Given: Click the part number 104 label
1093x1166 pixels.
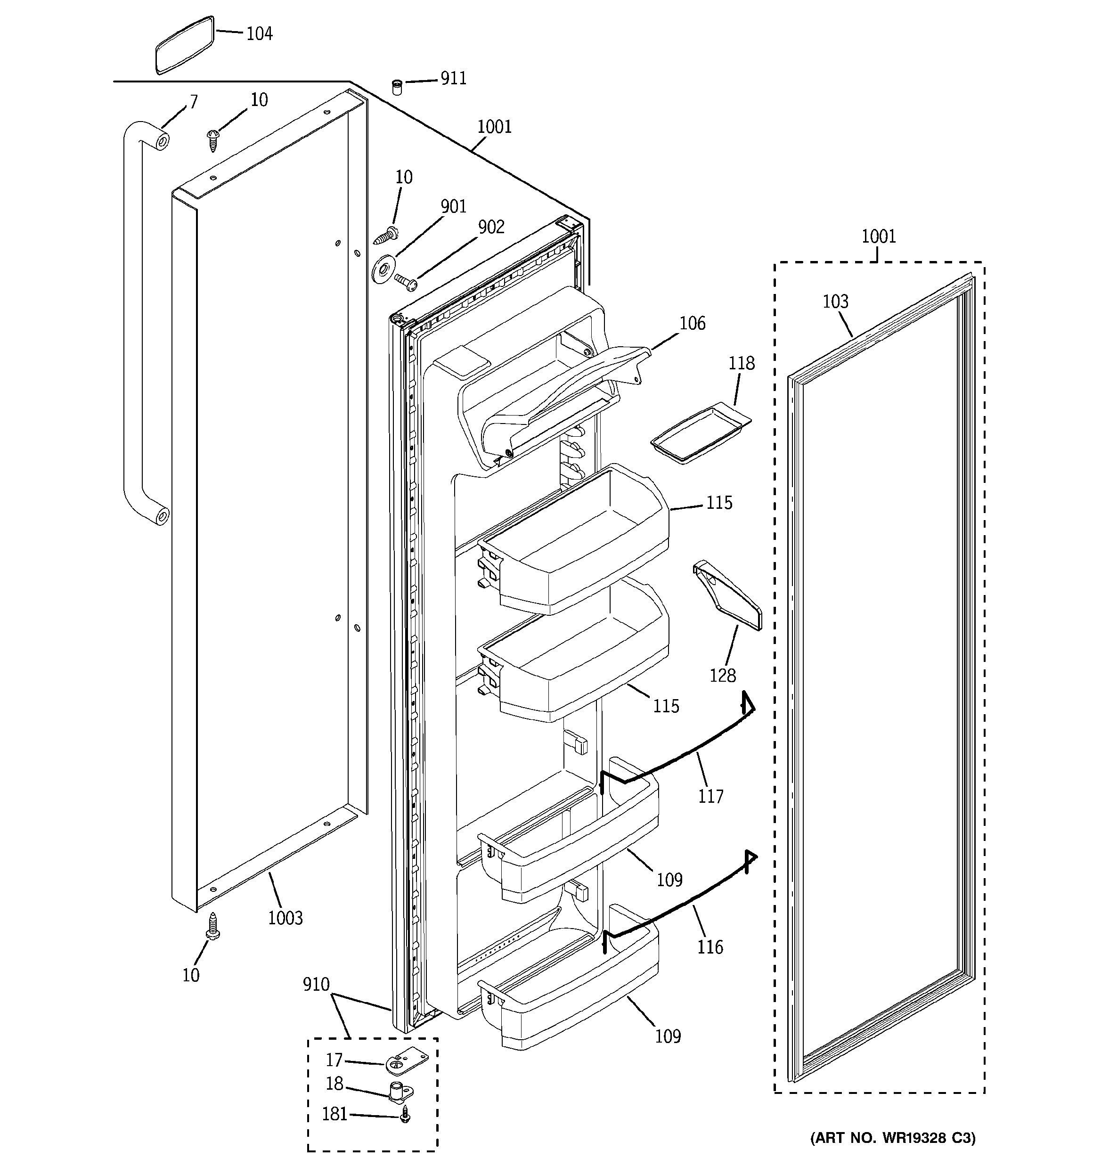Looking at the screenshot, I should pyautogui.click(x=259, y=34).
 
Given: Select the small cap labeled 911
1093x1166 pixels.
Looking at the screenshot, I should pyautogui.click(x=397, y=88).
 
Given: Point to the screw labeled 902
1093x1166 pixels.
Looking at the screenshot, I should pyautogui.click(x=406, y=282).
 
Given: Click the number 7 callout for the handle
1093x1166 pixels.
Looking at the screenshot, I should pyautogui.click(x=194, y=102).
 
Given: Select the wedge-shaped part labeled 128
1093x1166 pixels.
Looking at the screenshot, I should pyautogui.click(x=727, y=594).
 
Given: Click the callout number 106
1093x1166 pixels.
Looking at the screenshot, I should pyautogui.click(x=692, y=323).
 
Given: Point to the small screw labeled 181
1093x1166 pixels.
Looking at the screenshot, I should pyautogui.click(x=404, y=1115).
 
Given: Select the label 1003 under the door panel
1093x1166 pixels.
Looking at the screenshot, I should pyautogui.click(x=285, y=918).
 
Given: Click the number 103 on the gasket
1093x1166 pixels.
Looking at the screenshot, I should pyautogui.click(x=835, y=302).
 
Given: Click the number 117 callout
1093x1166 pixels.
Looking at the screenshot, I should pyautogui.click(x=710, y=797).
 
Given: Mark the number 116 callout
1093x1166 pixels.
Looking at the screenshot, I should pyautogui.click(x=710, y=947).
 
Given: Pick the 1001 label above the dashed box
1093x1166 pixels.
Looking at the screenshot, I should pyautogui.click(x=878, y=236).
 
